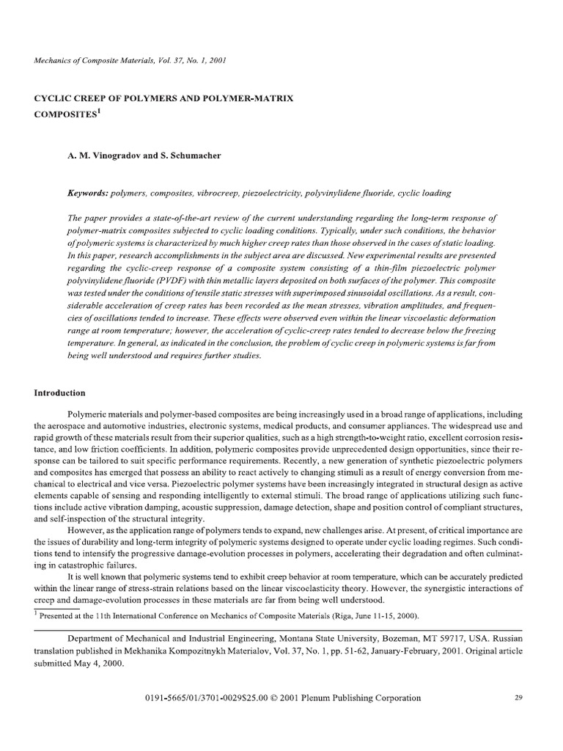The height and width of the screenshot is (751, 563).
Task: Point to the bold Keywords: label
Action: pos(87,193)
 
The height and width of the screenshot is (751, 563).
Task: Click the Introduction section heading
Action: pos(60,393)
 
